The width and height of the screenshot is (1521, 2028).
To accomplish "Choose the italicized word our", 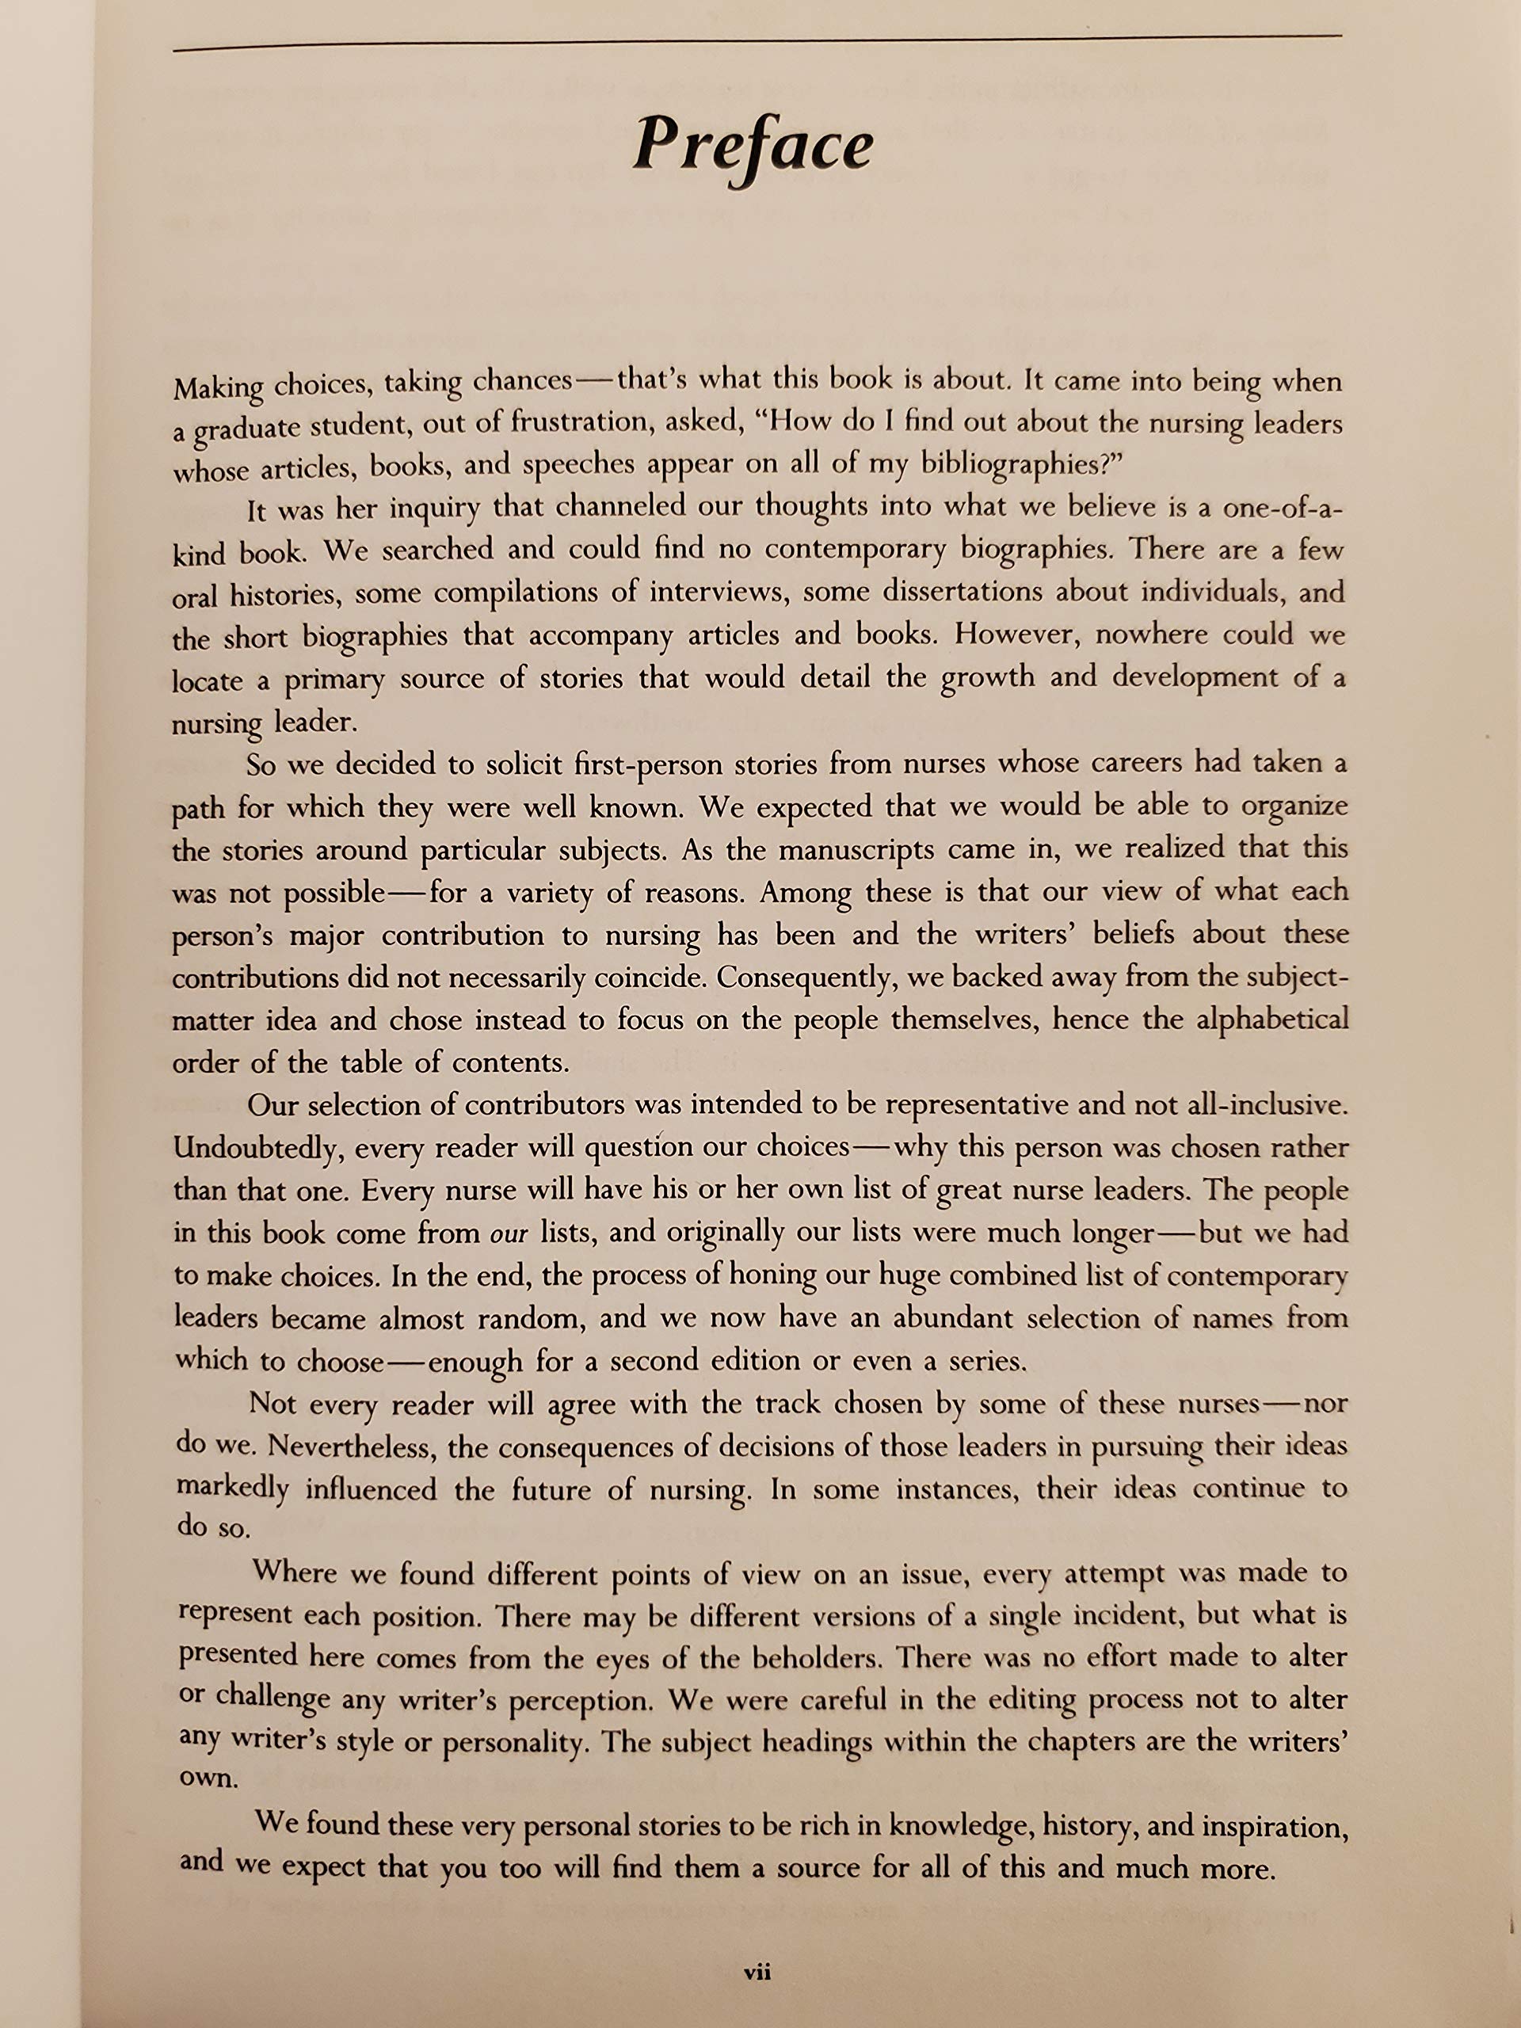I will [x=509, y=1234].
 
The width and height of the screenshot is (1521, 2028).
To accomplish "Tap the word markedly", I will [x=233, y=1488].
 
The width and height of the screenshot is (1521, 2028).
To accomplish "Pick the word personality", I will [x=514, y=1743].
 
